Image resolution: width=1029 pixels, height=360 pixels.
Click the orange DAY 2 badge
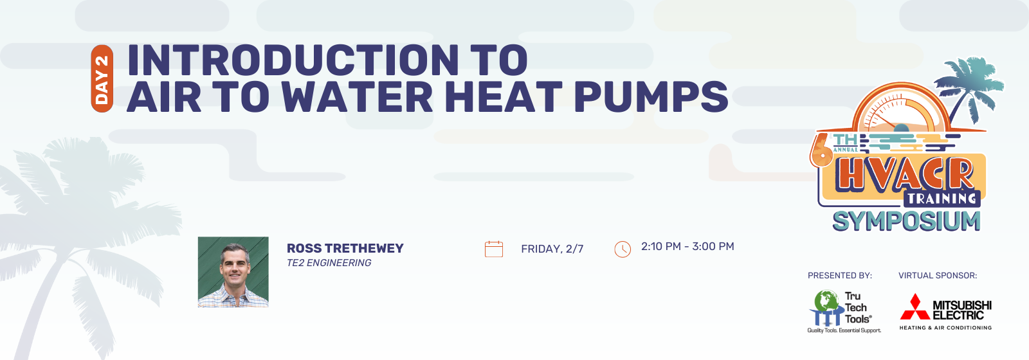(102, 78)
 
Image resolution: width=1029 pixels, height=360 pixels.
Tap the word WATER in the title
(357, 97)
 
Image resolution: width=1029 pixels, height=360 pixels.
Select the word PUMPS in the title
(650, 97)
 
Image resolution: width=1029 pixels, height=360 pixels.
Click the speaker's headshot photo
(233, 272)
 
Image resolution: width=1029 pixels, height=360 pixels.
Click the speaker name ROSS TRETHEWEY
(345, 248)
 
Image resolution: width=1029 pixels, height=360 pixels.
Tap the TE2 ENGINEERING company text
(329, 263)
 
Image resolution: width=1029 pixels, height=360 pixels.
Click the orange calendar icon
(494, 249)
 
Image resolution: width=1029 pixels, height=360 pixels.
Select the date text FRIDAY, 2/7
(552, 249)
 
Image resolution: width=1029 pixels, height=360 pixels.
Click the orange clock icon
(623, 249)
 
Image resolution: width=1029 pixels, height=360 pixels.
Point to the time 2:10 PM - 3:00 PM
(688, 247)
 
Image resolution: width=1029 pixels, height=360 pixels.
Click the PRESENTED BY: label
(840, 276)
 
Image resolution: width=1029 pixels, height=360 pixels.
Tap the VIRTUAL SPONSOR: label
(938, 276)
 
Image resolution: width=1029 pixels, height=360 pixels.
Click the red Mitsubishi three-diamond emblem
(915, 307)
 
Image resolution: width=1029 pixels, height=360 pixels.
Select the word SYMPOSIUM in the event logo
(906, 222)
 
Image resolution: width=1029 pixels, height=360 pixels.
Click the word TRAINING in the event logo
(942, 199)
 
